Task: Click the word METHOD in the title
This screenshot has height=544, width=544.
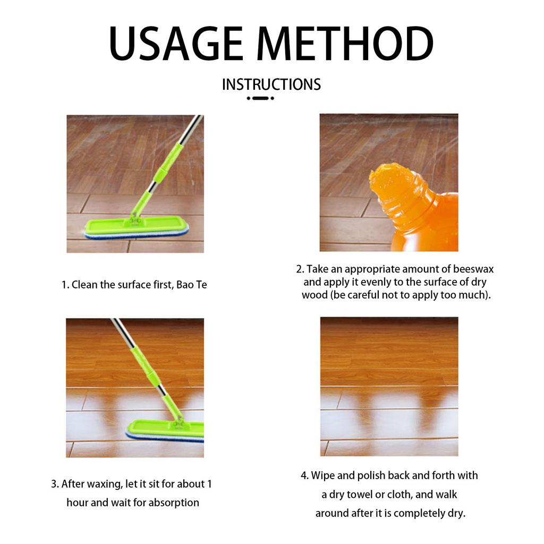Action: [345, 44]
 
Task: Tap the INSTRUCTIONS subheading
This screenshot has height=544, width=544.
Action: [271, 84]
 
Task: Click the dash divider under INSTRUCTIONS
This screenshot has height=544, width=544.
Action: [260, 98]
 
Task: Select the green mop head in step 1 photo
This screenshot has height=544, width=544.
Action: [137, 229]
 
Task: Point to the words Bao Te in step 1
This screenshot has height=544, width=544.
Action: [191, 285]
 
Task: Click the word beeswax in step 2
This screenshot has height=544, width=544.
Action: [473, 269]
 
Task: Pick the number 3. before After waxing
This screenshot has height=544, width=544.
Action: [55, 484]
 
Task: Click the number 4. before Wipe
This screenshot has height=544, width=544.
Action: [304, 475]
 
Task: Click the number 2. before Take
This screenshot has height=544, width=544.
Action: [300, 269]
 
